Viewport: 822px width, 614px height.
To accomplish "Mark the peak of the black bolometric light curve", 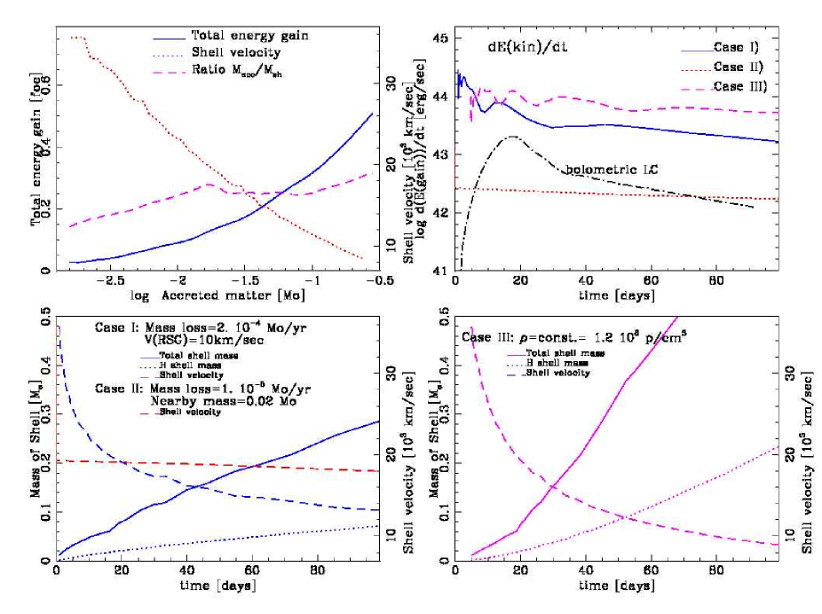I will [x=512, y=137].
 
